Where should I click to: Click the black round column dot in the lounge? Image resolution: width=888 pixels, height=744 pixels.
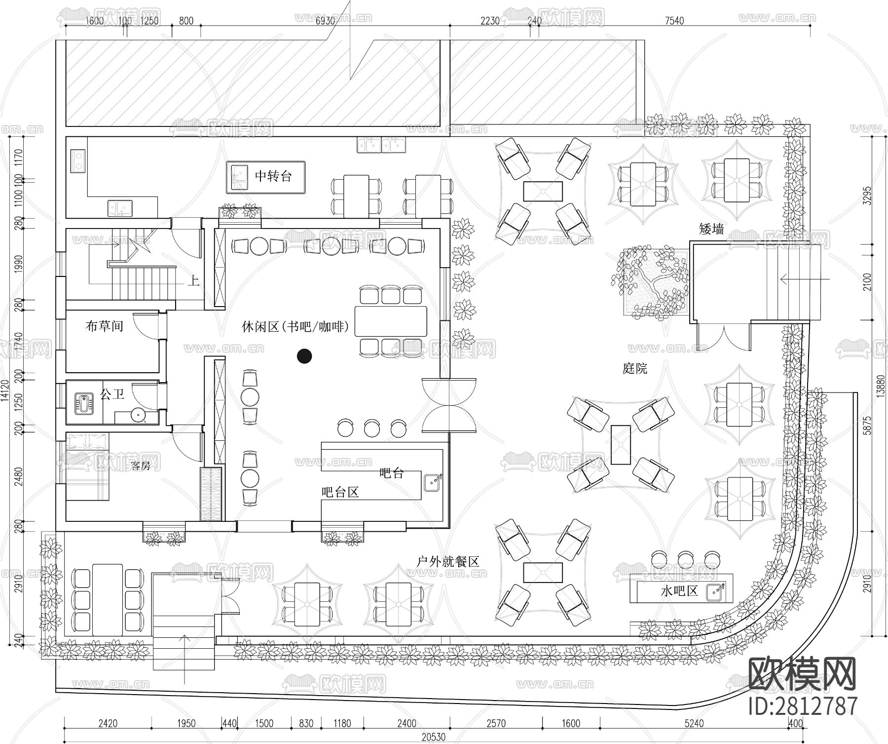click(x=305, y=356)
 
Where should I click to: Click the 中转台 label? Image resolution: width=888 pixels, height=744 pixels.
click(x=273, y=176)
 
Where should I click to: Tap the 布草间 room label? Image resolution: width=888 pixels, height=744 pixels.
click(x=104, y=326)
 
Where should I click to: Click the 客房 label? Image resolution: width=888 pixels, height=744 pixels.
click(x=140, y=465)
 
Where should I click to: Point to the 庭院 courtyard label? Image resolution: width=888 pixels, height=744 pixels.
click(x=634, y=368)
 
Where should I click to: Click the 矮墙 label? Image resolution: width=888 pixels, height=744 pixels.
click(x=711, y=229)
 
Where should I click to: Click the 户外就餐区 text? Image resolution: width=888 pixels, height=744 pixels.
click(x=447, y=561)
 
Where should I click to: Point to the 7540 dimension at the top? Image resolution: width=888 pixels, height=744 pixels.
click(x=674, y=20)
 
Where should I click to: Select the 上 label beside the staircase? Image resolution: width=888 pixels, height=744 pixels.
click(x=193, y=281)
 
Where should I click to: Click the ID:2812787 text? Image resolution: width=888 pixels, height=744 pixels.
click(x=803, y=706)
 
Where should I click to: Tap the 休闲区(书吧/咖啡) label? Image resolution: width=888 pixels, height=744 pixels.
click(x=295, y=326)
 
